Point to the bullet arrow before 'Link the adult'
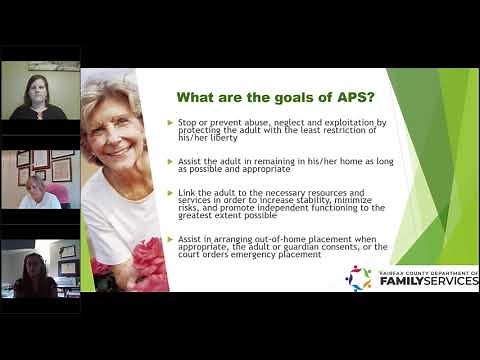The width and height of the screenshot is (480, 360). point(171,193)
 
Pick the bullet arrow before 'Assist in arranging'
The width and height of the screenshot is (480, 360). point(171,239)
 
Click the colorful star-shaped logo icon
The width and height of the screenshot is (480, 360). point(358,277)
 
